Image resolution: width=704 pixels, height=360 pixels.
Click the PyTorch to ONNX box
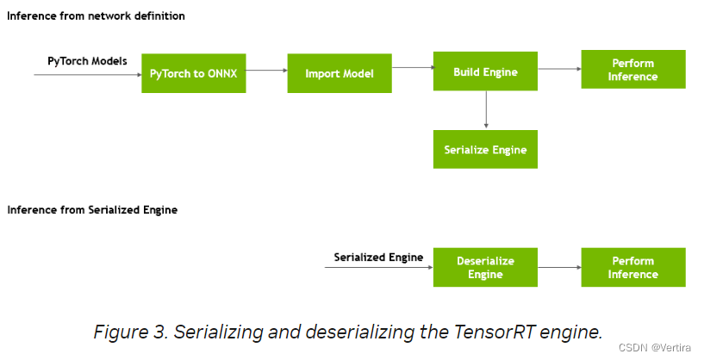click(193, 73)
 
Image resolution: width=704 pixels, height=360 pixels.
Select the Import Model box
click(339, 73)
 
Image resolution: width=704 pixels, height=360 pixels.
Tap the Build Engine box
click(485, 72)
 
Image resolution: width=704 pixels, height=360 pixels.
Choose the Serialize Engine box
click(485, 149)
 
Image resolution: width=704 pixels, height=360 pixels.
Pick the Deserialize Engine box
click(485, 267)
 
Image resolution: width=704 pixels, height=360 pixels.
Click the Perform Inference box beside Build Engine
click(633, 70)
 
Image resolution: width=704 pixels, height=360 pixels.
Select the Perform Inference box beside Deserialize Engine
click(633, 267)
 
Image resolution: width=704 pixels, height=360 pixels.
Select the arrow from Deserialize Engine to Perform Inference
click(559, 267)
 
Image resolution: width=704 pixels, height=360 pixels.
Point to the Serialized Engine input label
click(378, 257)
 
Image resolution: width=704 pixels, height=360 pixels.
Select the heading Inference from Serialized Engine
click(92, 210)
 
